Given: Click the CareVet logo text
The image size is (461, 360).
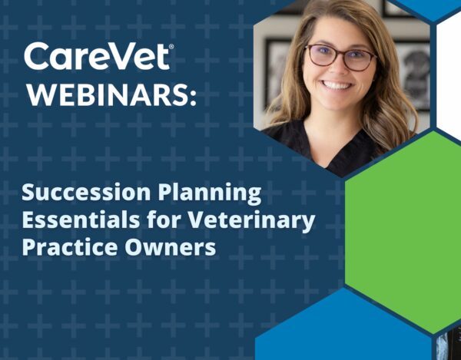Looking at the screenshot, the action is pyautogui.click(x=97, y=56).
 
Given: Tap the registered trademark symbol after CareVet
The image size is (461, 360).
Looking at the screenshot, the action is pyautogui.click(x=171, y=46).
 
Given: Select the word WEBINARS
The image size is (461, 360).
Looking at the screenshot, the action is pyautogui.click(x=108, y=95).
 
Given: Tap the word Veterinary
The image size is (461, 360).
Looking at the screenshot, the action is pyautogui.click(x=251, y=221).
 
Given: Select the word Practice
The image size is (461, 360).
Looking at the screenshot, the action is pyautogui.click(x=70, y=247).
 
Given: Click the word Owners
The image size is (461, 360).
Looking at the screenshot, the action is pyautogui.click(x=171, y=247).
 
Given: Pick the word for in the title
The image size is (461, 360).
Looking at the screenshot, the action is pyautogui.click(x=164, y=220).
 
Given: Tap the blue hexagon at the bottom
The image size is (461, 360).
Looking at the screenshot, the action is pyautogui.click(x=343, y=326).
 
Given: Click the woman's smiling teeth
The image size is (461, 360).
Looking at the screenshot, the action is pyautogui.click(x=337, y=85).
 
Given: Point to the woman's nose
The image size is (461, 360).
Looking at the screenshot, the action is pyautogui.click(x=338, y=69).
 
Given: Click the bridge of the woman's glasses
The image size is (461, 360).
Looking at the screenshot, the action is pyautogui.click(x=340, y=53).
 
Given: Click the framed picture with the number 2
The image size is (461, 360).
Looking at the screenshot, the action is pyautogui.click(x=413, y=76).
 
